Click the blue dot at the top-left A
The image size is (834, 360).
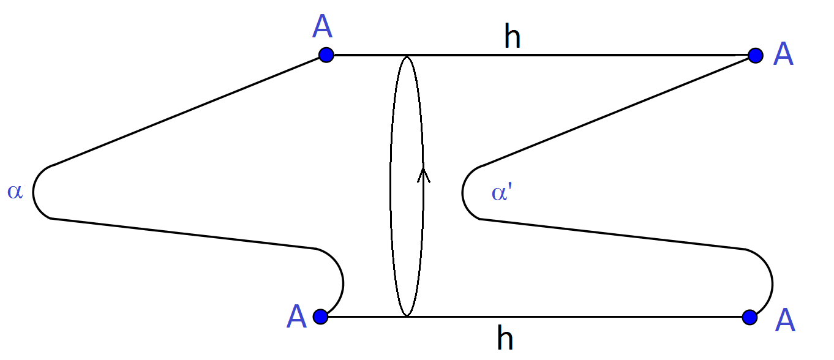[x=326, y=55]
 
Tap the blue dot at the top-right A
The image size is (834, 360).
[x=756, y=55]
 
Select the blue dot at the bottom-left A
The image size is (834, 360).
[x=320, y=317]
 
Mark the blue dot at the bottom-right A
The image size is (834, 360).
[x=749, y=317]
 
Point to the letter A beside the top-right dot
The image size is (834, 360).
[x=783, y=54]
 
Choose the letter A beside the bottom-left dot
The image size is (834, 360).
[x=296, y=317]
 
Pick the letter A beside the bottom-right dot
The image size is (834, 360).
[x=785, y=320]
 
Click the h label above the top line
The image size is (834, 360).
[x=512, y=37]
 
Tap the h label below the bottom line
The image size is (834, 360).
[x=505, y=338]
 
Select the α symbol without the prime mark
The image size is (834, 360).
[x=15, y=192]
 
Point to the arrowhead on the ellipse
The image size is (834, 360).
[x=423, y=175]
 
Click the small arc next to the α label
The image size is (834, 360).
[x=34, y=192]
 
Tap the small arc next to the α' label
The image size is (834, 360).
[x=464, y=193]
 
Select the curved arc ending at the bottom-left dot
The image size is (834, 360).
[x=342, y=282]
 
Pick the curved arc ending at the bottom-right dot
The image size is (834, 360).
[x=771, y=282]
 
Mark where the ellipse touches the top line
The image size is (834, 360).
[x=407, y=56]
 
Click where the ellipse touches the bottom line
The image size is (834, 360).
[x=407, y=316]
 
